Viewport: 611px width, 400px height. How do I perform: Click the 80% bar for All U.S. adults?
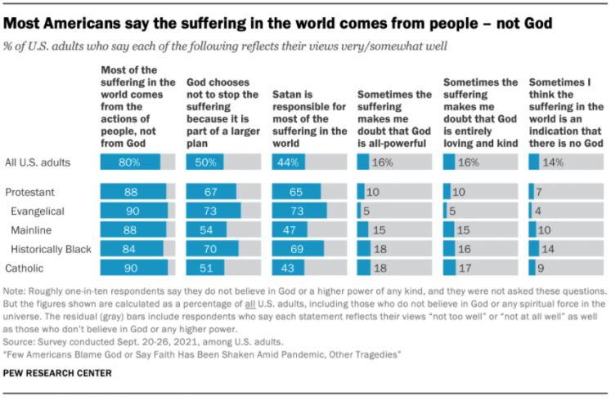tap(132, 162)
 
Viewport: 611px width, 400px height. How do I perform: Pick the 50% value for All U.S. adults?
tap(206, 162)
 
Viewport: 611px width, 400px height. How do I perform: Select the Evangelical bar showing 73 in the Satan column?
tap(298, 211)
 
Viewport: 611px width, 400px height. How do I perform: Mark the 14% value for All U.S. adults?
tap(553, 162)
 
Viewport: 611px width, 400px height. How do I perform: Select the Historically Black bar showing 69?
tap(296, 248)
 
